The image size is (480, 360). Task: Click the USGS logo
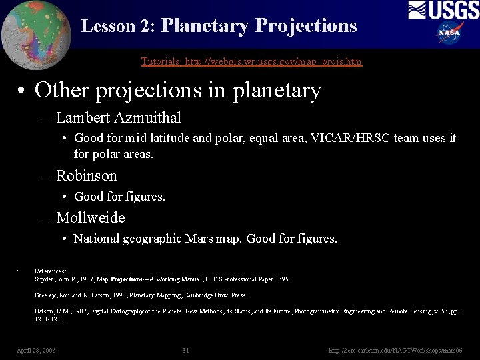[443, 11]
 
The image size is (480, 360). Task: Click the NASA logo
[450, 32]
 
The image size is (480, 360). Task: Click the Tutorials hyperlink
[251, 61]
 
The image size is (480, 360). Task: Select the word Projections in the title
[307, 26]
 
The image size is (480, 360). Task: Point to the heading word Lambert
[83, 118]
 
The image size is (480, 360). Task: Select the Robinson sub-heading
[87, 176]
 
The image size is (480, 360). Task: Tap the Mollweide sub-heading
[91, 218]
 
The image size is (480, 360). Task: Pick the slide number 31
[185, 350]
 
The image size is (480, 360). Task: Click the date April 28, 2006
[36, 350]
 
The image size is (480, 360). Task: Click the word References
[50, 271]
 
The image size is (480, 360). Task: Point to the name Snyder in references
[44, 279]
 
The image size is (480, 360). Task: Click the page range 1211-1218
[49, 319]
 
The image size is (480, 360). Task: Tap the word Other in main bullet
[62, 90]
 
